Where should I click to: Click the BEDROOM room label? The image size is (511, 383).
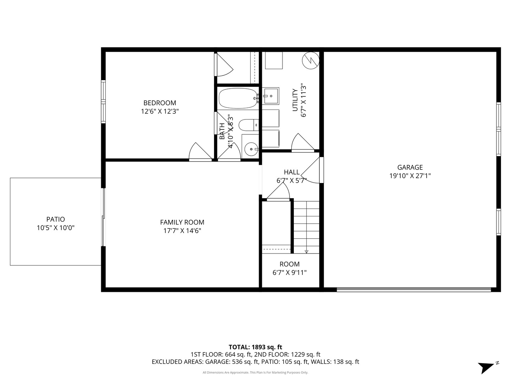160,103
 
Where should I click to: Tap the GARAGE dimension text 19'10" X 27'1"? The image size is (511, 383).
410,176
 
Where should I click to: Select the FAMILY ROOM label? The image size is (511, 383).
182,222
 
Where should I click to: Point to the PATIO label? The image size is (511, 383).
56,220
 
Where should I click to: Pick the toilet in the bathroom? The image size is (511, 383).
248,125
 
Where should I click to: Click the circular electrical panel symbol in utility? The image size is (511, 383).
311,61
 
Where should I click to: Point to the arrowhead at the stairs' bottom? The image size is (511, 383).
307,252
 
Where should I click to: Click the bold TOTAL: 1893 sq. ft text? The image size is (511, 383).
255,347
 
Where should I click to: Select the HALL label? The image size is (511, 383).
292,172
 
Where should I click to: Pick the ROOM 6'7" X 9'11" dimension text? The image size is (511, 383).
290,273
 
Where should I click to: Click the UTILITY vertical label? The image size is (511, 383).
295,100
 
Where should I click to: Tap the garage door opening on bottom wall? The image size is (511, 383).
413,290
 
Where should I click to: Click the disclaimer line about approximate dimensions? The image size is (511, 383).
255,372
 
